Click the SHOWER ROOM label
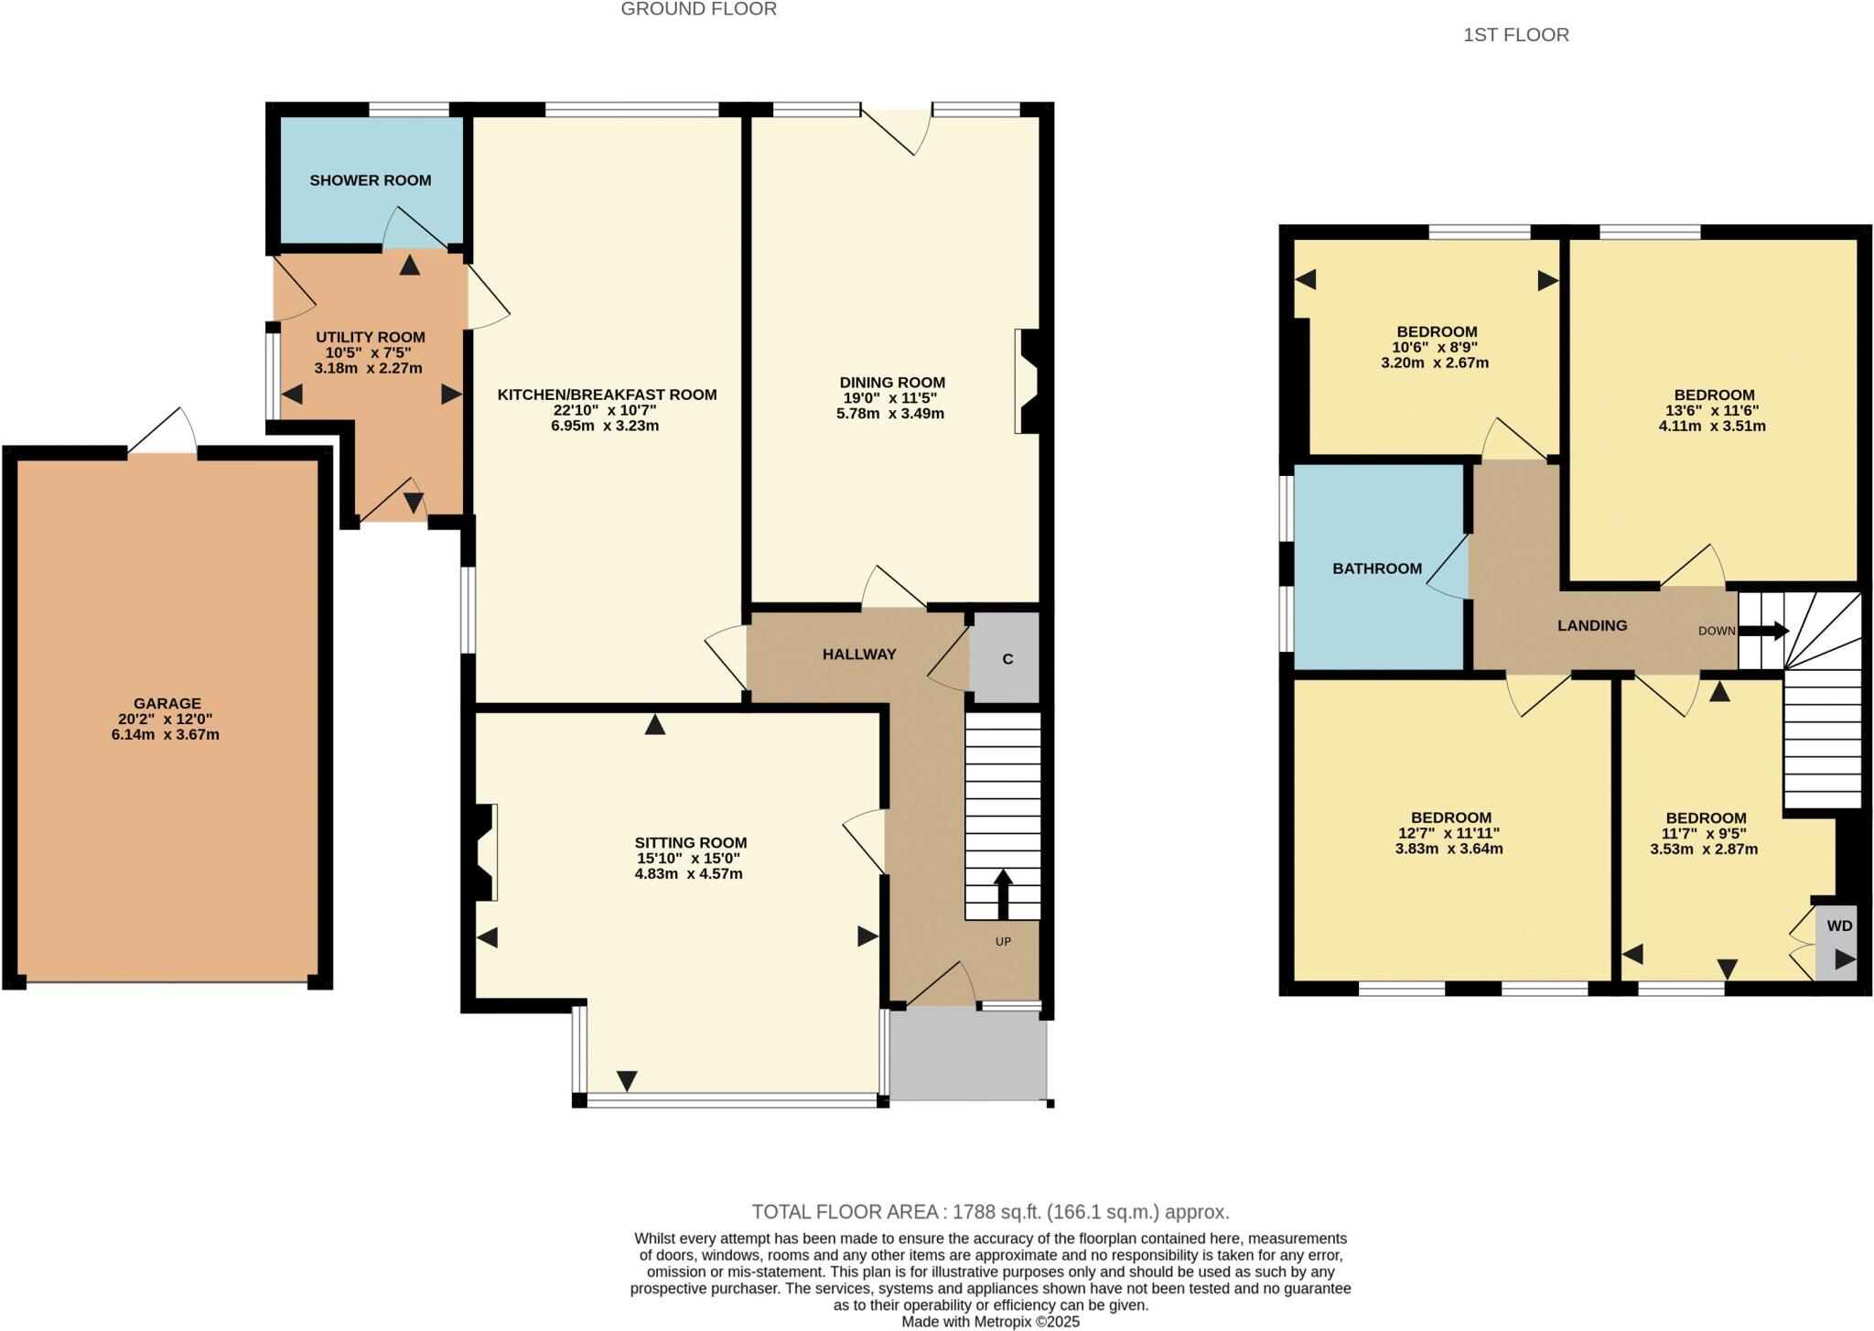point(370,180)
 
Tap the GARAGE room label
point(167,703)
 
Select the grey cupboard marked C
point(1007,659)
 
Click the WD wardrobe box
point(1838,925)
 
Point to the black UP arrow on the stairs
point(1003,893)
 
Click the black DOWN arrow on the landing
point(1762,631)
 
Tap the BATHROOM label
point(1376,568)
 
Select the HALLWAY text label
point(858,655)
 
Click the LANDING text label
point(1592,625)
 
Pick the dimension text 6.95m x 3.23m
point(605,426)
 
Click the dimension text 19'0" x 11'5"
point(890,398)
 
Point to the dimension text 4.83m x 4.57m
point(688,874)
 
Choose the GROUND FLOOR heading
point(698,10)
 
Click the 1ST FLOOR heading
point(1515,35)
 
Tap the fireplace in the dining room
point(1026,381)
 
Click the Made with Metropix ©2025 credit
point(990,1322)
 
